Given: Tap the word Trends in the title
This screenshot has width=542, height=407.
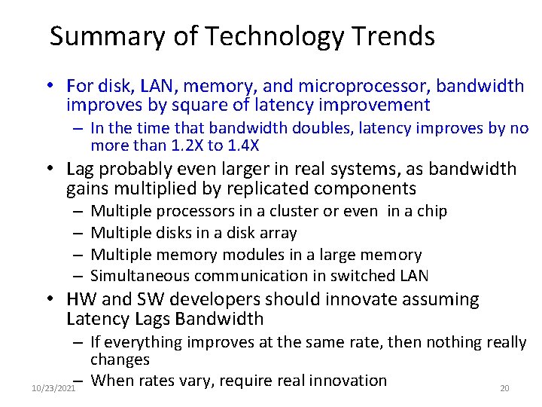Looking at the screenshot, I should (x=397, y=37).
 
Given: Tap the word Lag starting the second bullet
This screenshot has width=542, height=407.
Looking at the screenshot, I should (x=81, y=169).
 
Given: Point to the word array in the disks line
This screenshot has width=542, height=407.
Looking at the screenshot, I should (x=279, y=233).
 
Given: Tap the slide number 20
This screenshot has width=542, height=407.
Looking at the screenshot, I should (x=504, y=388).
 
